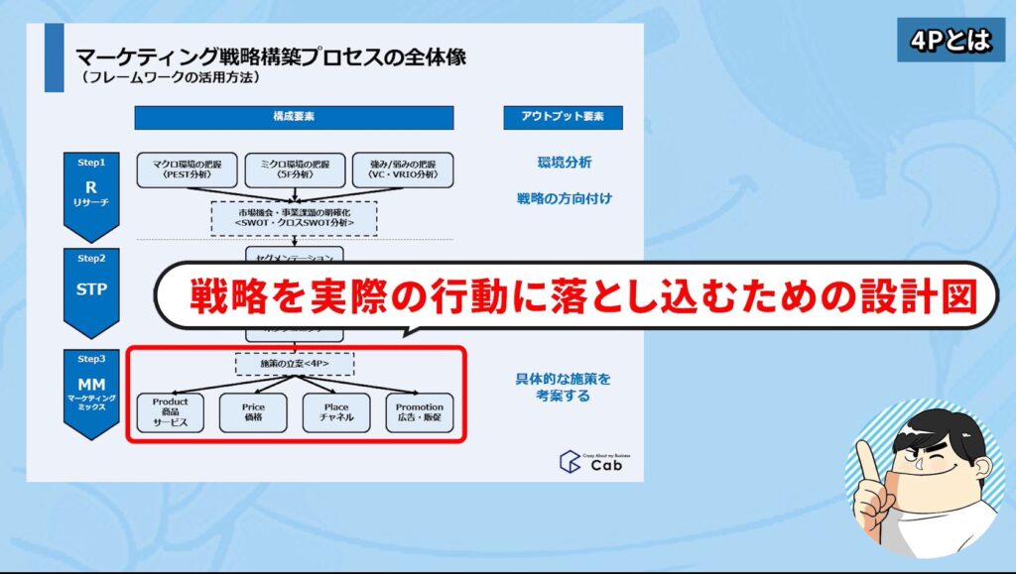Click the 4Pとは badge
951,42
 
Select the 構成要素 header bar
294,117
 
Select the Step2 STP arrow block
91,289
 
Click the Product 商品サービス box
170,412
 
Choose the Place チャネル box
337,412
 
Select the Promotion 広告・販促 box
420,412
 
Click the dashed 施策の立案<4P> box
294,365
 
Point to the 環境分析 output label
565,162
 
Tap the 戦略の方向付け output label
564,198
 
